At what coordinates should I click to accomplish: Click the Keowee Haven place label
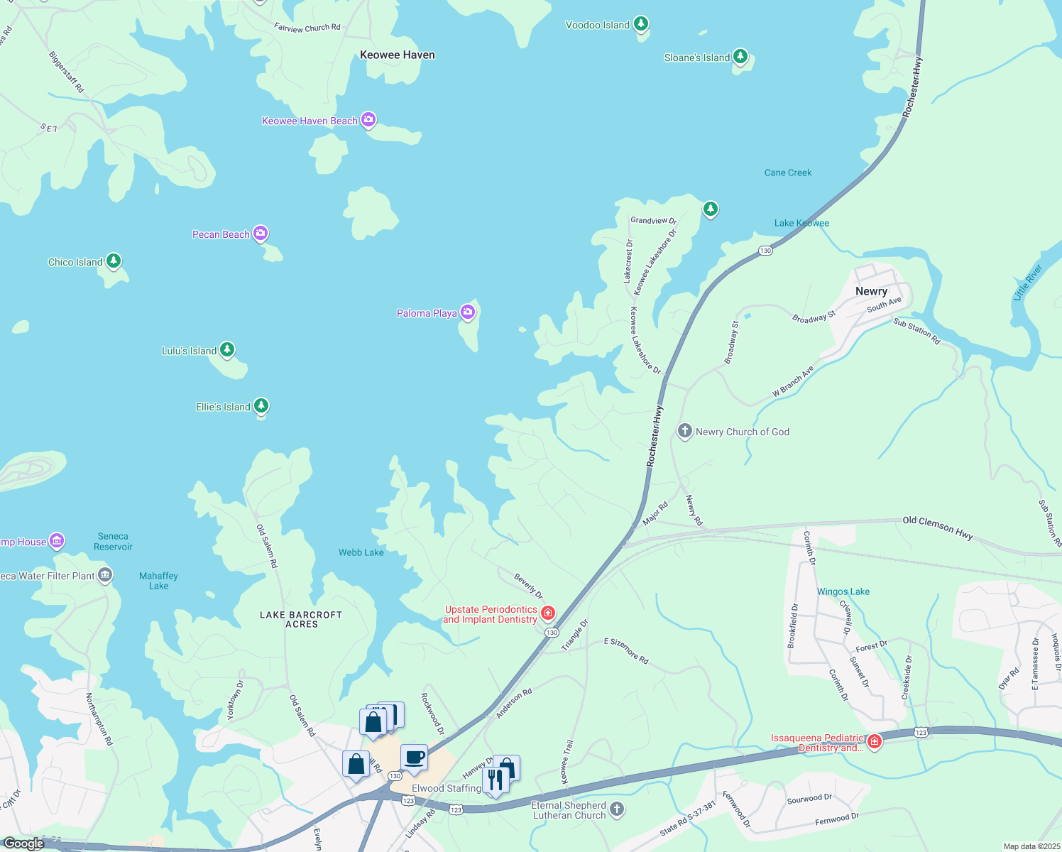(x=398, y=55)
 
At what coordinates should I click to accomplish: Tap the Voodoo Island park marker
(x=641, y=24)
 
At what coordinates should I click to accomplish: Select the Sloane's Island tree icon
(x=740, y=56)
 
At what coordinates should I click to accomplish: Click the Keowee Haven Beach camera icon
(x=368, y=119)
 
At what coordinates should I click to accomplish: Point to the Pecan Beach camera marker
(x=261, y=233)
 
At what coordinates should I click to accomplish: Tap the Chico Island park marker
(x=114, y=261)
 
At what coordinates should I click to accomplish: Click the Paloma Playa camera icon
(x=467, y=312)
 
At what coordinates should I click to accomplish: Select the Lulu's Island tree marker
(x=227, y=349)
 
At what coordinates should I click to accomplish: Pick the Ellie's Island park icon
(x=261, y=405)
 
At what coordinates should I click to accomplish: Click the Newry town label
(x=871, y=291)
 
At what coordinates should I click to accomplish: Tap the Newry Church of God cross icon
(x=684, y=431)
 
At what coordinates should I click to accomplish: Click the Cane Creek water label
(x=788, y=173)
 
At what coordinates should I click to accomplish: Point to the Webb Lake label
(x=361, y=552)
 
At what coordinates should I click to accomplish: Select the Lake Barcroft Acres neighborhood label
(x=301, y=619)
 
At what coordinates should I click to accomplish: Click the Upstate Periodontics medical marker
(x=547, y=613)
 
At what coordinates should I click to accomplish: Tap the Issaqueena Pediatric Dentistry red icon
(x=875, y=742)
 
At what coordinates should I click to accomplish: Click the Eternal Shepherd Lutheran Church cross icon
(x=617, y=809)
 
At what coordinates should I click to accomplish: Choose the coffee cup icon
(x=414, y=757)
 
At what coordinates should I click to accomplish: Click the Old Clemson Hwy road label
(x=937, y=528)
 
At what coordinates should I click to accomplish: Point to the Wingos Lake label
(x=843, y=591)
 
